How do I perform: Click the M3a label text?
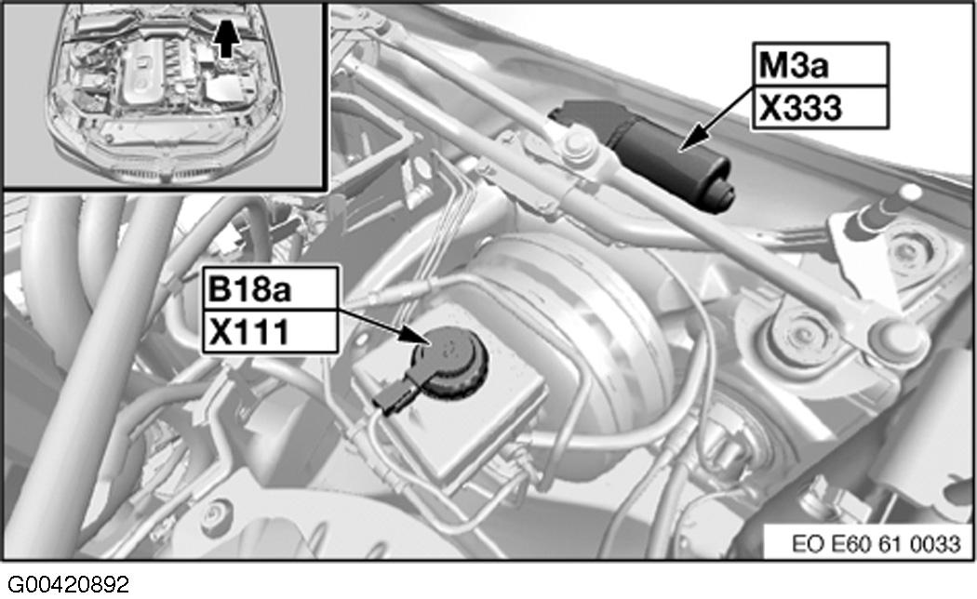[x=793, y=65]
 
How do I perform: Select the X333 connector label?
[x=800, y=108]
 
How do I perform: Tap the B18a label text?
[x=249, y=289]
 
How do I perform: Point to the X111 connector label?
[x=249, y=332]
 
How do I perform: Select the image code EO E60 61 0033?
[x=877, y=543]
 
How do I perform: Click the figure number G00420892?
[x=69, y=585]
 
